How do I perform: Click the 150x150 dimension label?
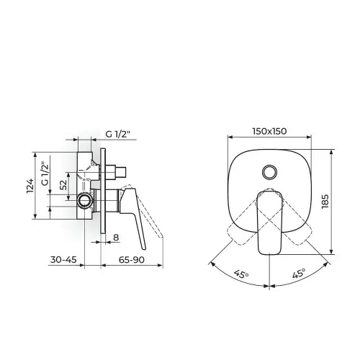[x=269, y=131]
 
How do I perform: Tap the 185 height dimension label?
[x=325, y=202]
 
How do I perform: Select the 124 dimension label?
[x=30, y=186]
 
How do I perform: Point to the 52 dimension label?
[x=63, y=185]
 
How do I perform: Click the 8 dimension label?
[x=116, y=238]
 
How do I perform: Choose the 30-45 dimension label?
[x=63, y=259]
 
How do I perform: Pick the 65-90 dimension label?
[x=132, y=259]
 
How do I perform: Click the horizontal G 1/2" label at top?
[x=117, y=134]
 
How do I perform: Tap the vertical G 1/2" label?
[x=45, y=174]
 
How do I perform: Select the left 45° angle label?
[x=241, y=274]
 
